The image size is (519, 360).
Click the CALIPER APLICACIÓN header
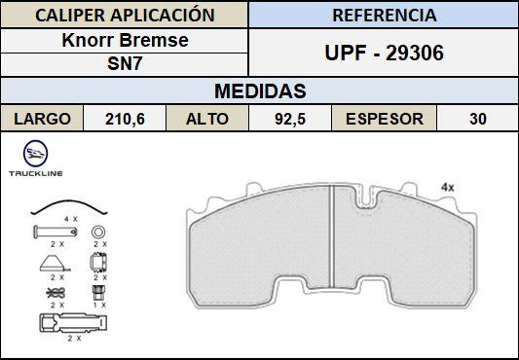click(125, 16)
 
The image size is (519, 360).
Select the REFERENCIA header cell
click(384, 16)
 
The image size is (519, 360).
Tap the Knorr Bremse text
click(125, 40)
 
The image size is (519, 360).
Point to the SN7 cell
click(125, 64)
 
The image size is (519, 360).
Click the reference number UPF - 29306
click(384, 53)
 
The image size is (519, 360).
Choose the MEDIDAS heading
click(260, 91)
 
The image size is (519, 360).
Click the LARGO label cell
click(42, 119)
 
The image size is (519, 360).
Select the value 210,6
click(125, 119)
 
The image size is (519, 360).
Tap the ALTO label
click(207, 119)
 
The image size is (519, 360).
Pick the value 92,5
click(290, 119)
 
